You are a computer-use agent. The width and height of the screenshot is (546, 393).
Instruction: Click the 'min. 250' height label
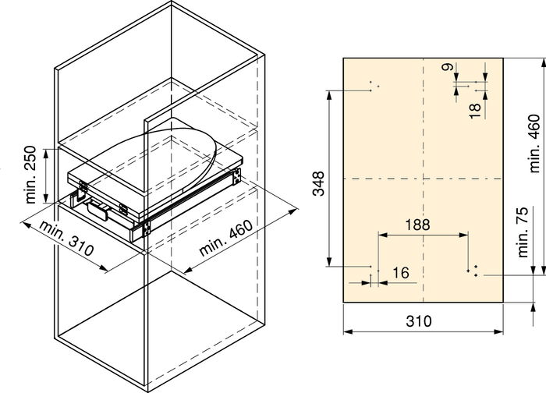[x=32, y=174]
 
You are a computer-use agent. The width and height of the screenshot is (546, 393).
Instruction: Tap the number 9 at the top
[x=445, y=69]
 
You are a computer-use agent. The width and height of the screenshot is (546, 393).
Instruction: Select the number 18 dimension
[x=475, y=109]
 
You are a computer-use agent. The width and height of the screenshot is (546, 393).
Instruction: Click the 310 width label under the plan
[x=422, y=321]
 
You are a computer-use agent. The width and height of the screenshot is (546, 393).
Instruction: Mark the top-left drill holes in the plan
[x=373, y=87]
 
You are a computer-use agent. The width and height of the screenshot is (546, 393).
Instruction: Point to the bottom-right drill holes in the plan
[x=473, y=271]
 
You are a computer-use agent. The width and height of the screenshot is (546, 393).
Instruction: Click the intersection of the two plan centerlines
[x=423, y=179]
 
